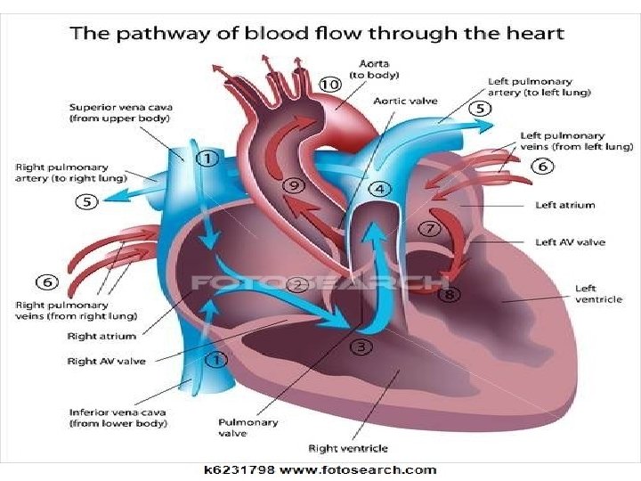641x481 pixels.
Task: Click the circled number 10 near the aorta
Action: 330,84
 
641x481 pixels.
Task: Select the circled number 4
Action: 380,189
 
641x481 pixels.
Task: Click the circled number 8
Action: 451,294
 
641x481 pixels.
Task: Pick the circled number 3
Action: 360,346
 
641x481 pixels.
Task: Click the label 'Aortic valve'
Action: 406,101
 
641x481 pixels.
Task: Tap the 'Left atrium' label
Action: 564,205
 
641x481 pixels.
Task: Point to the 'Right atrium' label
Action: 101,336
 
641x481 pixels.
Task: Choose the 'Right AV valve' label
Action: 106,361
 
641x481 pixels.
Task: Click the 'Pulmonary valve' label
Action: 248,428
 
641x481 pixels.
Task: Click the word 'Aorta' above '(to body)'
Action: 372,63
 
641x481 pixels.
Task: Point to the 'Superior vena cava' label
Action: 121,108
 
